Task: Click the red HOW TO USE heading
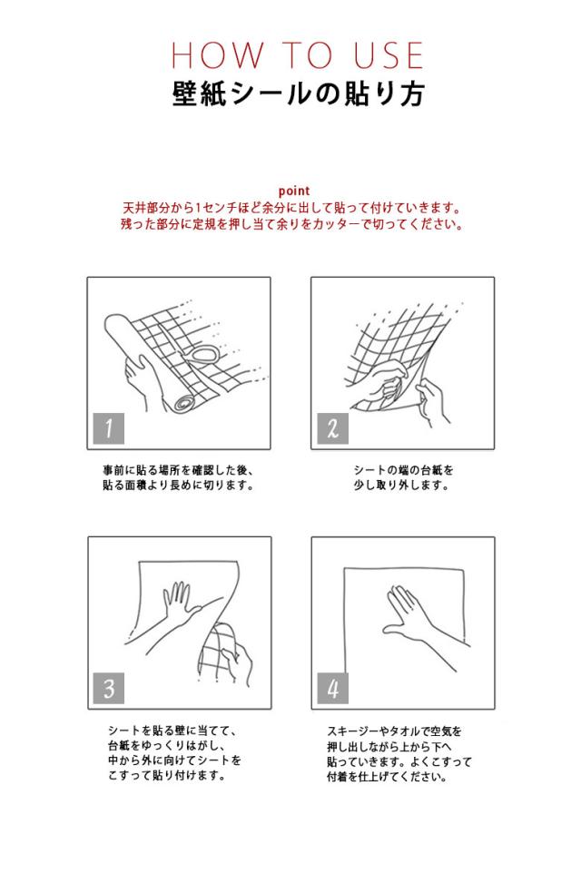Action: click(297, 55)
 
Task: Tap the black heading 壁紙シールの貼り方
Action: click(297, 93)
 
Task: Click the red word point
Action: click(294, 191)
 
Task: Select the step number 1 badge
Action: click(109, 427)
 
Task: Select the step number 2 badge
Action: click(332, 427)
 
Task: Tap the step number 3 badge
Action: click(109, 688)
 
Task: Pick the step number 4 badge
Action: click(332, 688)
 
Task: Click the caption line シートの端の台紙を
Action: click(402, 470)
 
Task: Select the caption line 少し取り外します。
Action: click(402, 486)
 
